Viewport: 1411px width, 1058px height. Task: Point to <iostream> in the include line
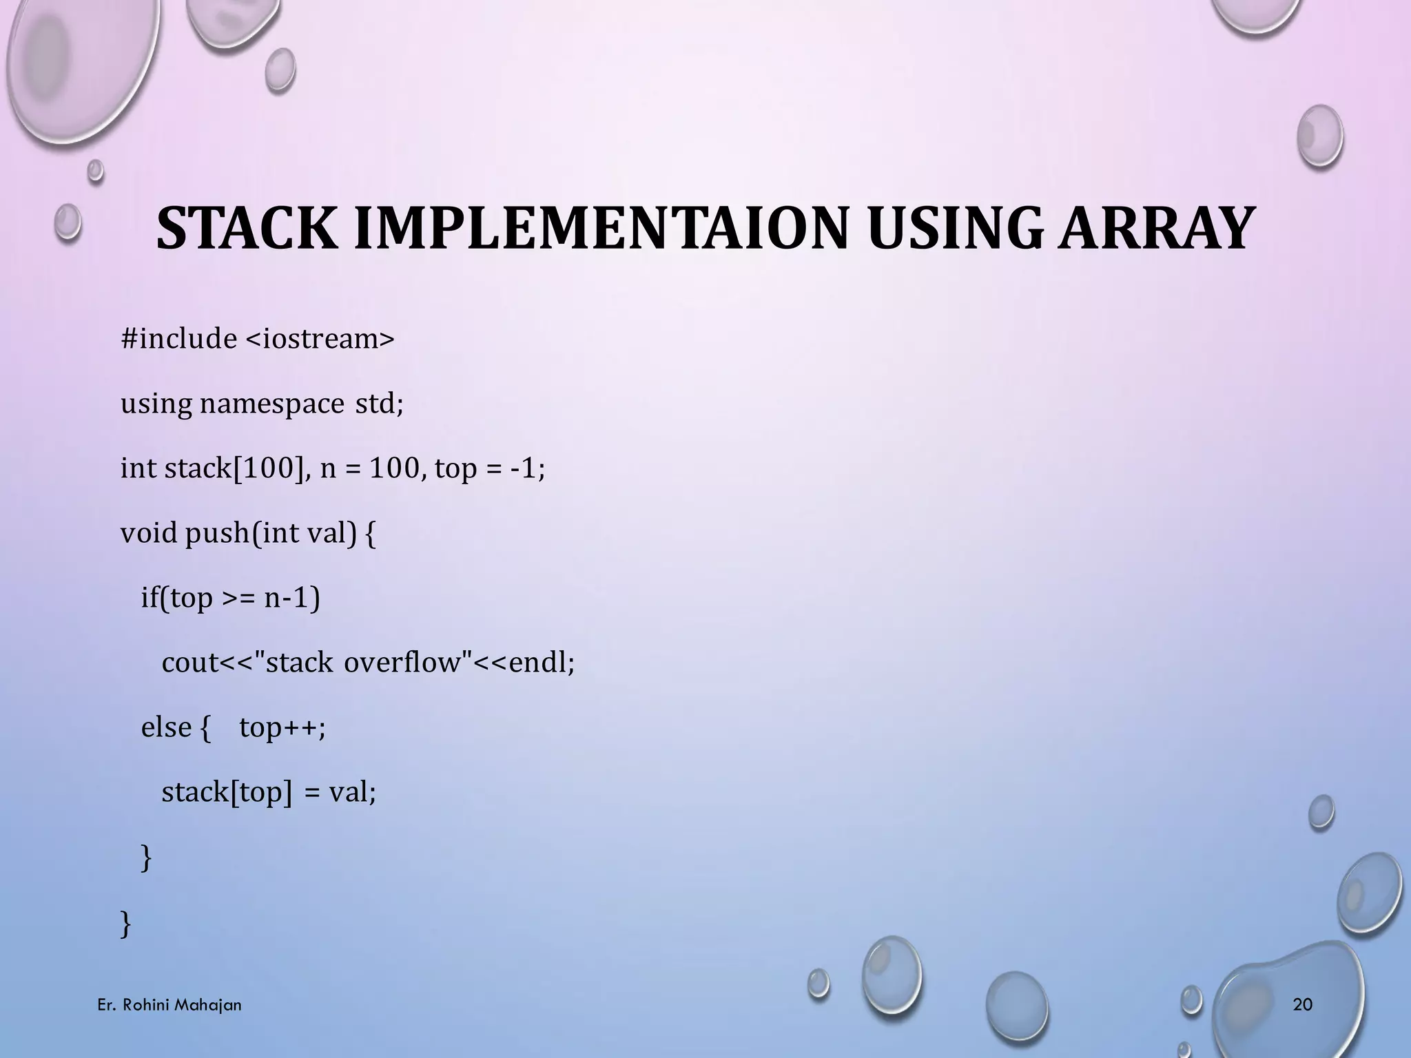pyautogui.click(x=320, y=339)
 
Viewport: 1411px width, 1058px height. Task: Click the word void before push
pyautogui.click(x=149, y=533)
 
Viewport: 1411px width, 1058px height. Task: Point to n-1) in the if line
pyautogui.click(x=292, y=598)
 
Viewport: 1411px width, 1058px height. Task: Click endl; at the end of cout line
pyautogui.click(x=541, y=663)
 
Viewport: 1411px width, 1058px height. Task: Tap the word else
pyautogui.click(x=166, y=727)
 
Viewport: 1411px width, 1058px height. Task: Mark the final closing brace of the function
pyautogui.click(x=125, y=923)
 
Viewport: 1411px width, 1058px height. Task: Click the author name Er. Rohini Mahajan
pyautogui.click(x=169, y=1005)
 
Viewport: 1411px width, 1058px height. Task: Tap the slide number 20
pyautogui.click(x=1303, y=1005)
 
